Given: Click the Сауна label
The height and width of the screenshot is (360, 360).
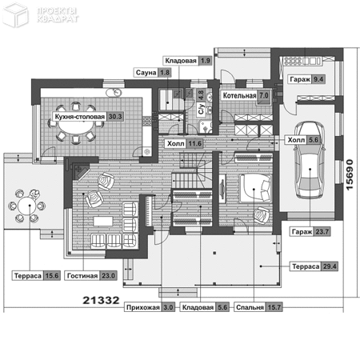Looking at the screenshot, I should [x=143, y=73].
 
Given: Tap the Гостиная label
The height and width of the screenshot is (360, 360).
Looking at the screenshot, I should [x=81, y=276].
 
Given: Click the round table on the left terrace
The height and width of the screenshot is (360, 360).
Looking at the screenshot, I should [x=27, y=205].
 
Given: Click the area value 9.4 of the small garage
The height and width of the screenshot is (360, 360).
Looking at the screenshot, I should [x=318, y=79].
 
